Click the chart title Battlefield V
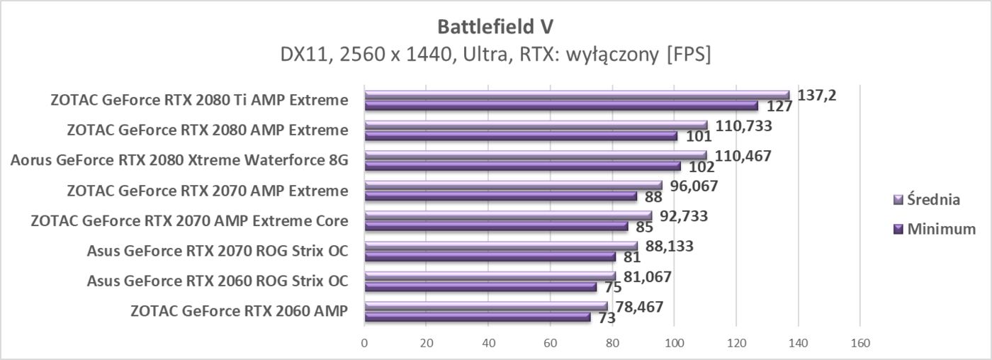coord(495,26)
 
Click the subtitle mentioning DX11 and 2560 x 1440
coord(495,54)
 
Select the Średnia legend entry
coord(934,199)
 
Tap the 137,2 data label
coord(817,95)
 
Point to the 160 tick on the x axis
coord(859,343)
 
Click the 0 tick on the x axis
coord(364,343)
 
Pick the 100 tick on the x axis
coord(674,343)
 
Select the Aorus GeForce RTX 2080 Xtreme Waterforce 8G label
coord(179,159)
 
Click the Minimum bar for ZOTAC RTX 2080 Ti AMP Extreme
coord(560,106)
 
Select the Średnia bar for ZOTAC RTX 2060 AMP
coord(485,306)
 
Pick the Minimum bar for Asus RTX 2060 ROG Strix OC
coord(480,287)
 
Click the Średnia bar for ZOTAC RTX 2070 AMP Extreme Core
coord(507,215)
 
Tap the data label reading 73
coord(607,319)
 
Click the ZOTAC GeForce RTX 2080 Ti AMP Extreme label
coord(199,100)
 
